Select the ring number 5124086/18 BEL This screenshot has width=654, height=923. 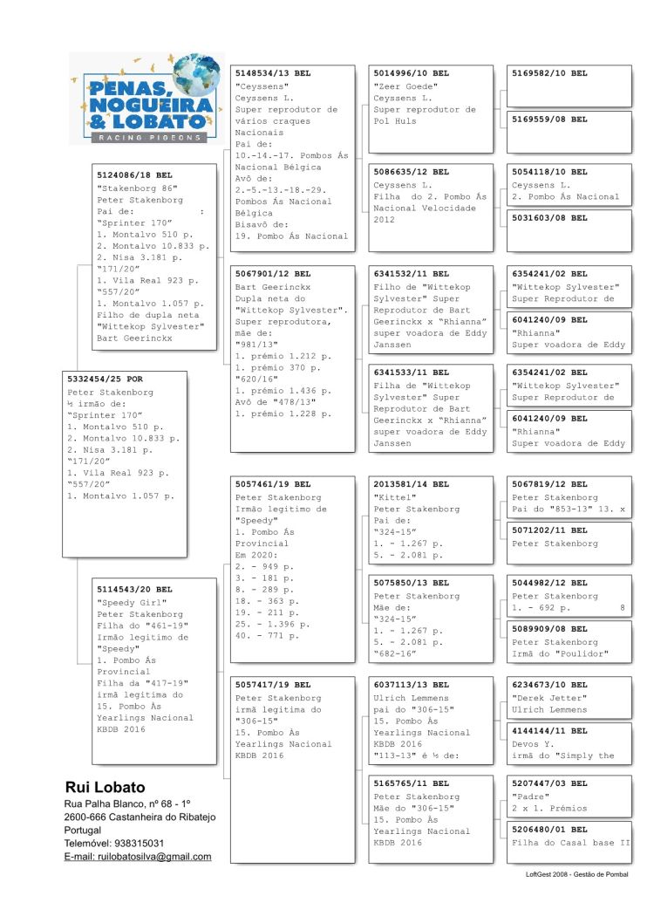coord(134,175)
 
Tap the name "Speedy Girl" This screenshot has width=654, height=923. coord(126,602)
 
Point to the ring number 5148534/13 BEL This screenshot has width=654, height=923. coord(273,74)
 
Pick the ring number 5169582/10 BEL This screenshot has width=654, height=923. coord(549,73)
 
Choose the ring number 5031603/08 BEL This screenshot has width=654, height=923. coord(549,217)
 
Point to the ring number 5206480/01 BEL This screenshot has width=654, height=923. coord(549,829)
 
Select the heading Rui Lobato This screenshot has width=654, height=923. coord(105,788)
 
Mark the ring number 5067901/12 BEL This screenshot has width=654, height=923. coord(273,274)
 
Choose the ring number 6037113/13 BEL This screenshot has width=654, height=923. coord(411,686)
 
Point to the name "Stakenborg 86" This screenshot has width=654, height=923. coord(137,188)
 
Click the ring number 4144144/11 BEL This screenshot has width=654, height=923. coord(549,730)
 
